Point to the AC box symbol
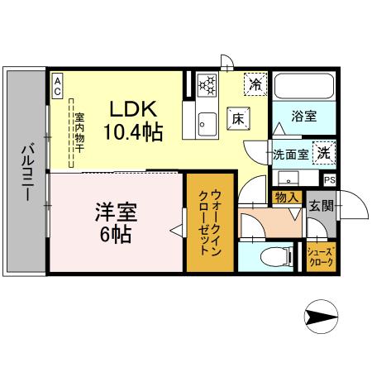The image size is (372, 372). [58, 87]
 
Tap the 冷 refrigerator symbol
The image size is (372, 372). [255, 83]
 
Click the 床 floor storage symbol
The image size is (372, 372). [236, 117]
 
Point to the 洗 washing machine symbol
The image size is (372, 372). [325, 152]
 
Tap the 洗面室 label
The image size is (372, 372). [291, 154]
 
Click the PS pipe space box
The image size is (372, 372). [329, 179]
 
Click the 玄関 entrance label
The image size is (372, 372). [321, 206]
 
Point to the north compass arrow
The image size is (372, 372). [322, 315]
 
